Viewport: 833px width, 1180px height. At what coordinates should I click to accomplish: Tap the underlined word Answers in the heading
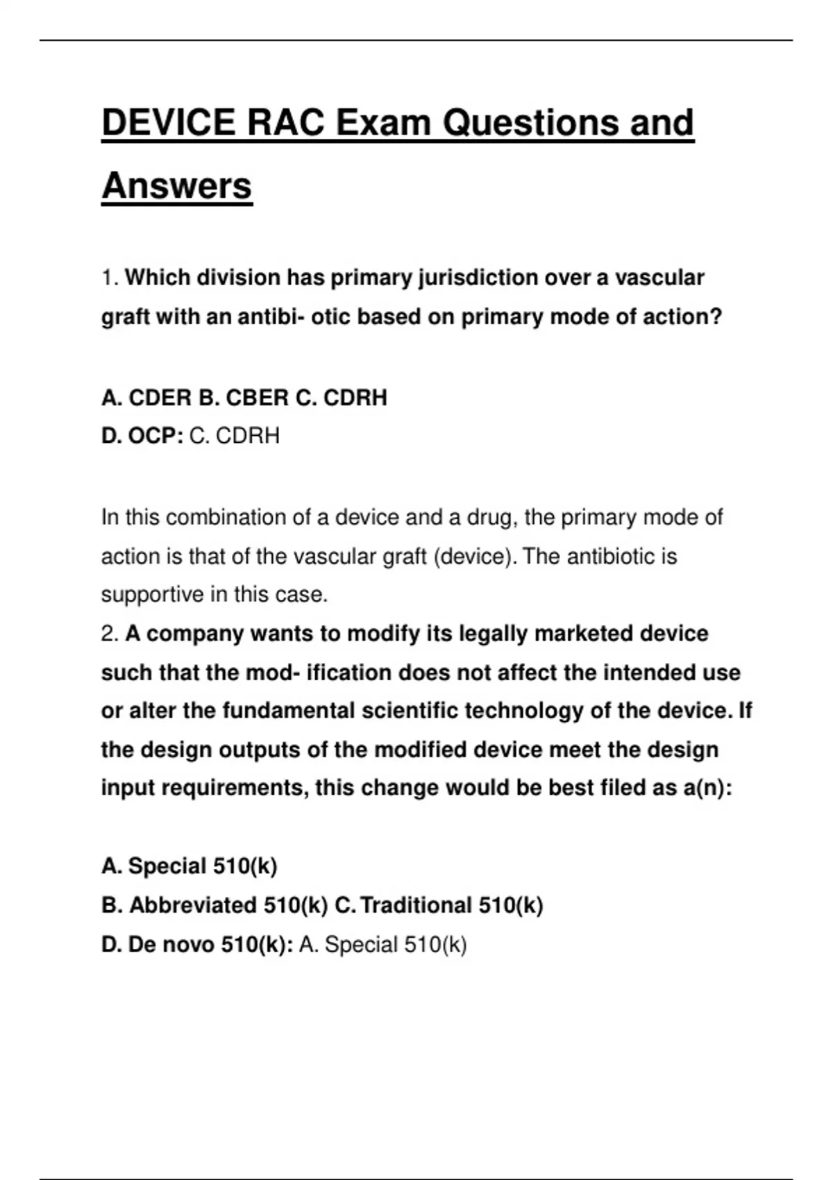176,186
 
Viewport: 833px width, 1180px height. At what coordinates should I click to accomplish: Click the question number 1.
109,278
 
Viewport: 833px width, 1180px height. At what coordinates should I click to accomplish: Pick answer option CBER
257,398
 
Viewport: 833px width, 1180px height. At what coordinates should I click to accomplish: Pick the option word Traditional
416,905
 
